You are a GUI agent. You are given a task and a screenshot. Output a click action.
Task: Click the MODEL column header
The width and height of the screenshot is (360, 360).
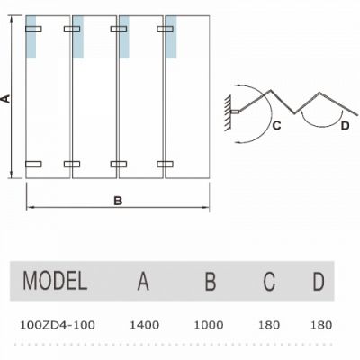[x=55, y=281]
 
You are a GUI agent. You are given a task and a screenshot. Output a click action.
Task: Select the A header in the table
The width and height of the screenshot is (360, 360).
[x=143, y=281]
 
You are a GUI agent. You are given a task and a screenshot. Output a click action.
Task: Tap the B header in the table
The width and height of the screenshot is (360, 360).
[x=211, y=281]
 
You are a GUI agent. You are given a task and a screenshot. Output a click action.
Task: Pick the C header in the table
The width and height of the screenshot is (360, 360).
[x=269, y=281]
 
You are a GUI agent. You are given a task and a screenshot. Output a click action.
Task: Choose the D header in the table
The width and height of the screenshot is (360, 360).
[x=319, y=281]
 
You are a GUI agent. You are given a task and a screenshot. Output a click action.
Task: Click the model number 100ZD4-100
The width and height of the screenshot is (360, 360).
[x=58, y=325]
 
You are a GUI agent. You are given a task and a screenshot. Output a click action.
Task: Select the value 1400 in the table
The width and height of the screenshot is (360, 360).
[x=144, y=325]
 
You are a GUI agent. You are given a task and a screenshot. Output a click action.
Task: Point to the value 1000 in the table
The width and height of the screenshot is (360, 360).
[x=209, y=325]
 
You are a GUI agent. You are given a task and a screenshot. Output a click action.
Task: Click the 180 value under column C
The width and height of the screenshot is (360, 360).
[x=269, y=325]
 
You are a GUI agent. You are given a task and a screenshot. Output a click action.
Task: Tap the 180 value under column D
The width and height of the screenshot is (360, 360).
[x=321, y=325]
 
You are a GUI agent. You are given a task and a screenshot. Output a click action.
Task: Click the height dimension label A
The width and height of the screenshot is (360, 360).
[x=5, y=99]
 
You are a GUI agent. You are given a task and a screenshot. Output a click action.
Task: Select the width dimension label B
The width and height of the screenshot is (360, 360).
[x=118, y=201]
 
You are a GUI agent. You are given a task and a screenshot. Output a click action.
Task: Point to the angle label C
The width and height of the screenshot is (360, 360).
[x=276, y=125]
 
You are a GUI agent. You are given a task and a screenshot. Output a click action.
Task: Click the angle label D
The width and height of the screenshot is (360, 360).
[x=346, y=126]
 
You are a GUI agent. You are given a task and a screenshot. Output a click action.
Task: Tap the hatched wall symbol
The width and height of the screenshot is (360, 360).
[x=227, y=112]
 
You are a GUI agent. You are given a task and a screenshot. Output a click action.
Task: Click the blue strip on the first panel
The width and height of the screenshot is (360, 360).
[x=31, y=37]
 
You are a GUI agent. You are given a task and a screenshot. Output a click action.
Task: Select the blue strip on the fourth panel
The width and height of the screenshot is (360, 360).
[x=171, y=37]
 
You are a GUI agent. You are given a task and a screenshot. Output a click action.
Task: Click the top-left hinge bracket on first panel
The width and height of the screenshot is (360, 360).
[x=33, y=29]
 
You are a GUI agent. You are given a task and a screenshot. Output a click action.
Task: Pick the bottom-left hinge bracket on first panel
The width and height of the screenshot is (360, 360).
[x=33, y=164]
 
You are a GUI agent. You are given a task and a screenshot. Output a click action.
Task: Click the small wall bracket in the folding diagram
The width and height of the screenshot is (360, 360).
[x=235, y=112]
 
